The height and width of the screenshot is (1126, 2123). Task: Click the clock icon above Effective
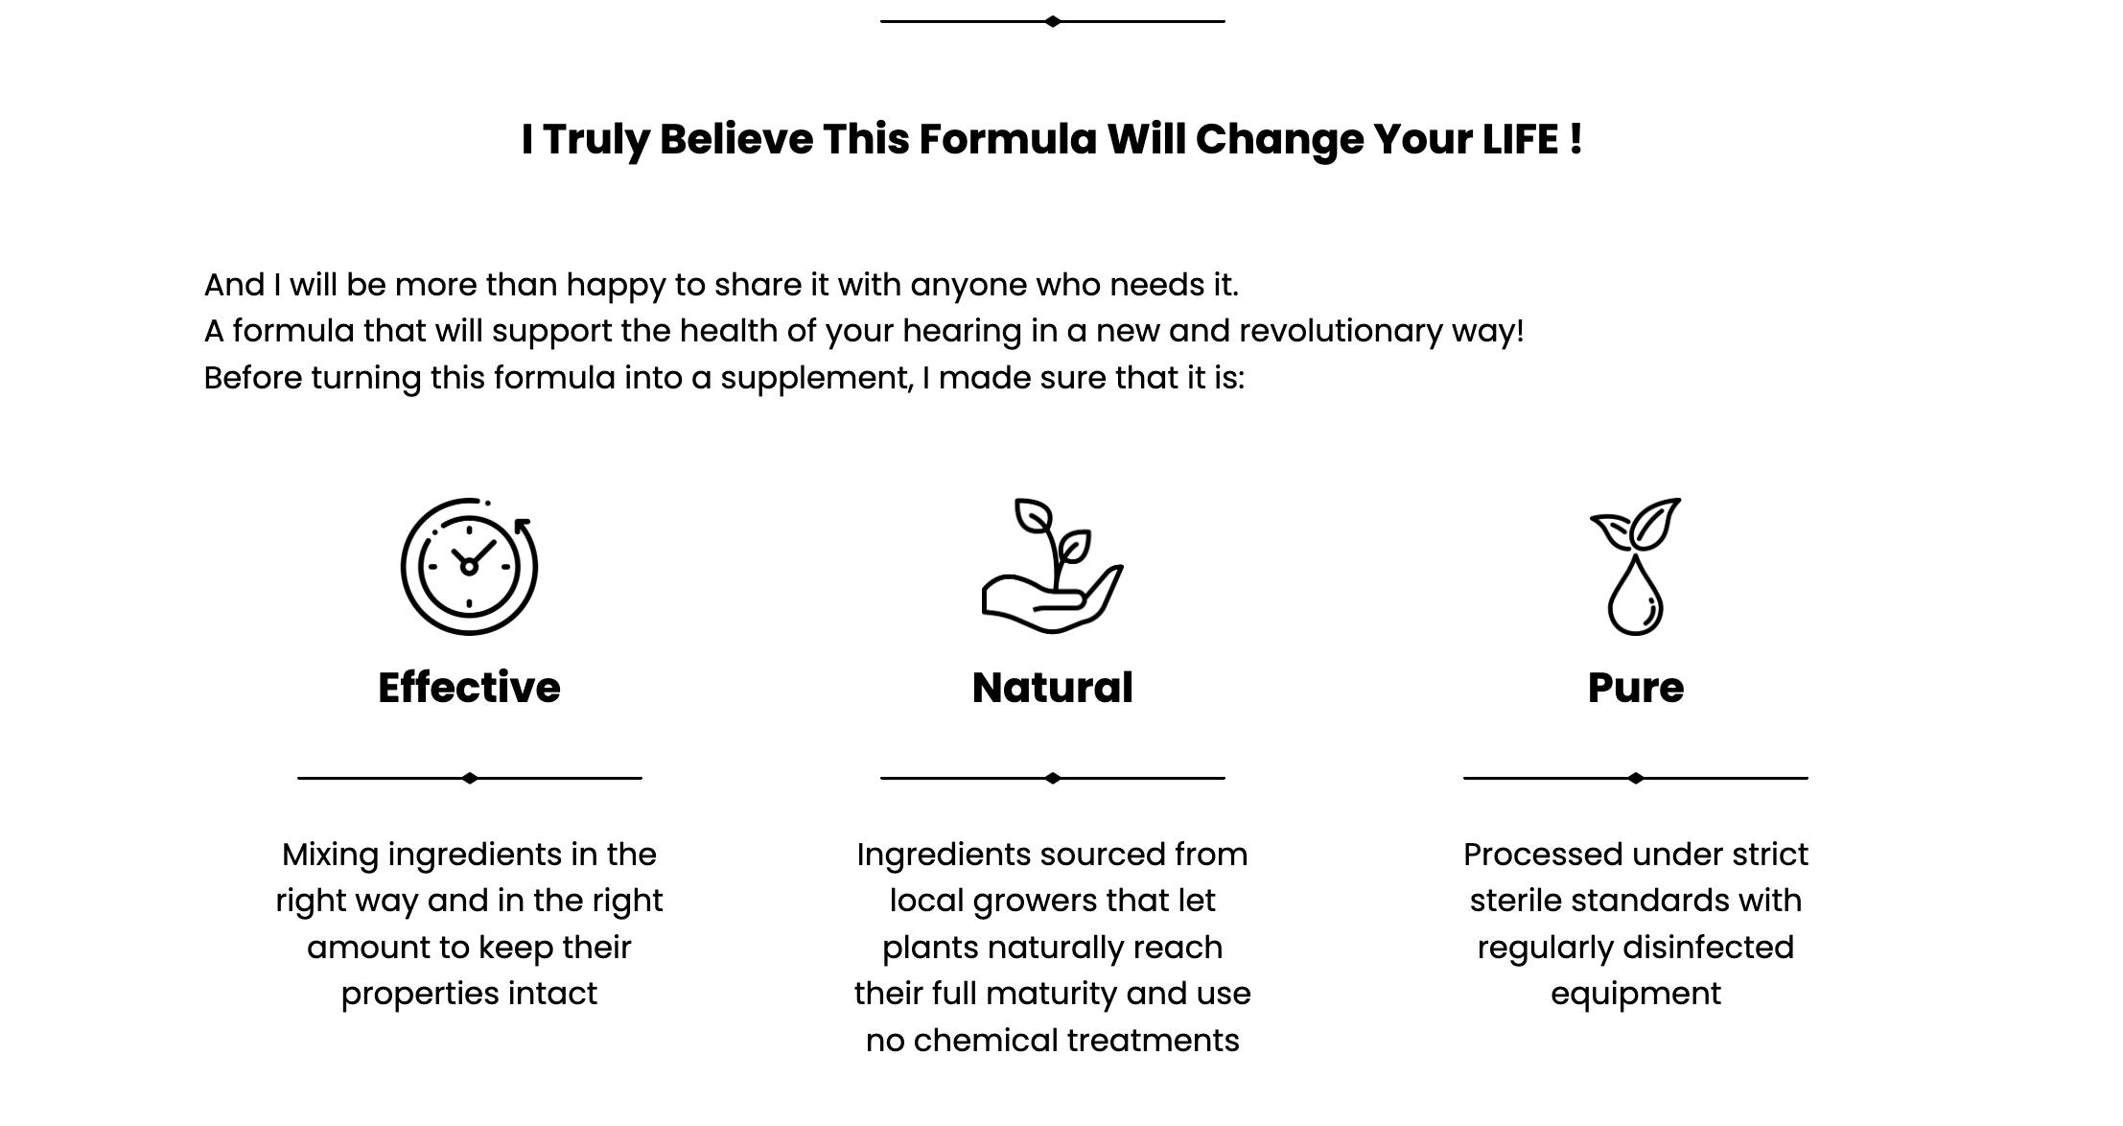point(469,566)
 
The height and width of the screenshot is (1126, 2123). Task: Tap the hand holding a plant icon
point(1052,566)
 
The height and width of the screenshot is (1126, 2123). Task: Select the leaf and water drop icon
point(1635,566)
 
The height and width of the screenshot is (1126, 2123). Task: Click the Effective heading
point(469,688)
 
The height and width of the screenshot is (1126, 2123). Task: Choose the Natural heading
point(1052,688)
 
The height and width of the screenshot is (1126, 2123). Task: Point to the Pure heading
point(1635,688)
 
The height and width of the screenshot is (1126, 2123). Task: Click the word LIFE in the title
point(1520,139)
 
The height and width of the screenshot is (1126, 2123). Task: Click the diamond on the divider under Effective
point(470,778)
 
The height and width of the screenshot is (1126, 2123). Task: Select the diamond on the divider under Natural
point(1053,778)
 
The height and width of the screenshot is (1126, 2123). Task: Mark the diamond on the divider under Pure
point(1636,778)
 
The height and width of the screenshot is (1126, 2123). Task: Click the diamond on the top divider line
point(1053,21)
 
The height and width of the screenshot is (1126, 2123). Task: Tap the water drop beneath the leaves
point(1635,597)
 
